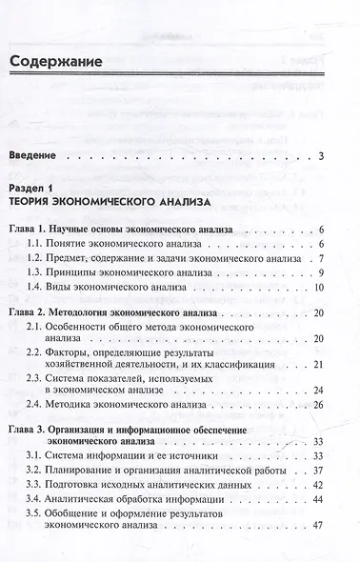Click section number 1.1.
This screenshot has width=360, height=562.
click(62, 246)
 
